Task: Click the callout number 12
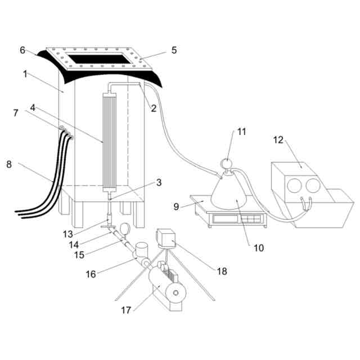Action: click(x=278, y=138)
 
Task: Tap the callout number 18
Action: click(x=222, y=271)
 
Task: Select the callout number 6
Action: click(x=22, y=50)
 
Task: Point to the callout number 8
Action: click(x=8, y=164)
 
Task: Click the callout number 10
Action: click(x=259, y=247)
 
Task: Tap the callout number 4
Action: click(x=33, y=107)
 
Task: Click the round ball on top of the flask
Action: click(x=226, y=163)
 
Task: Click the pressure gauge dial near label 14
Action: click(x=124, y=228)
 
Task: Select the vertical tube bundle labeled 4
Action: click(x=110, y=143)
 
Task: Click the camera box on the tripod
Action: click(x=167, y=238)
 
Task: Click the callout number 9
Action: click(x=176, y=207)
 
